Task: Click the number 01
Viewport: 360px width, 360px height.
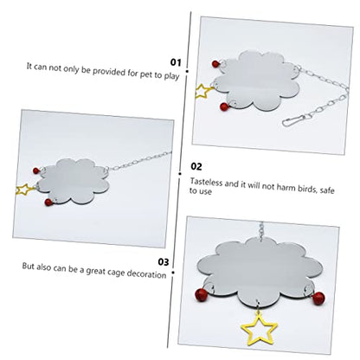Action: point(176,62)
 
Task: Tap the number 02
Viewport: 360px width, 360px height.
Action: point(196,166)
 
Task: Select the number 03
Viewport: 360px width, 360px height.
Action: point(164,262)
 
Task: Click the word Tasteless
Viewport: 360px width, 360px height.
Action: point(206,183)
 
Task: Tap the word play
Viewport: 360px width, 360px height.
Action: point(171,76)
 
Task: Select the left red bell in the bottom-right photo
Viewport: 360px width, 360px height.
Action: point(200,294)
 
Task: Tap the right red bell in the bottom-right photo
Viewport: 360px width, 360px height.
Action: point(318,298)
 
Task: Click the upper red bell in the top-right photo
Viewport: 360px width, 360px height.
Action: point(216,64)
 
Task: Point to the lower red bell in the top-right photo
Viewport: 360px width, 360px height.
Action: point(224,107)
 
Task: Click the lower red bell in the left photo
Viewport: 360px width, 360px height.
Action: point(48,202)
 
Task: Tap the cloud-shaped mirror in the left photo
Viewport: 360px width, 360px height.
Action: point(74,182)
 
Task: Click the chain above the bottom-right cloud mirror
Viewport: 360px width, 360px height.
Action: point(261,231)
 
